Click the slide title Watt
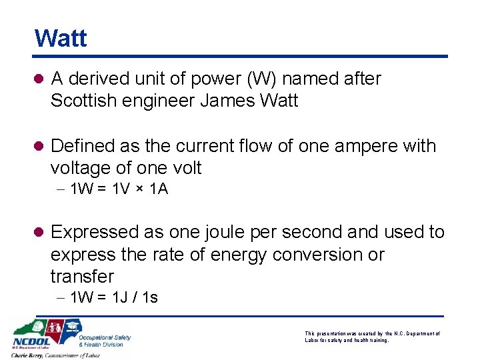[x=61, y=38]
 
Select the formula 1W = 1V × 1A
[x=119, y=189]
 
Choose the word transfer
[x=83, y=276]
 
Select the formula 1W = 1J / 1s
[x=114, y=297]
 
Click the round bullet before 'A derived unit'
[x=38, y=79]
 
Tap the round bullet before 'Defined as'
[x=38, y=146]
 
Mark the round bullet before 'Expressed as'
[x=38, y=233]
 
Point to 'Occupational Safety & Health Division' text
[x=105, y=341]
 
